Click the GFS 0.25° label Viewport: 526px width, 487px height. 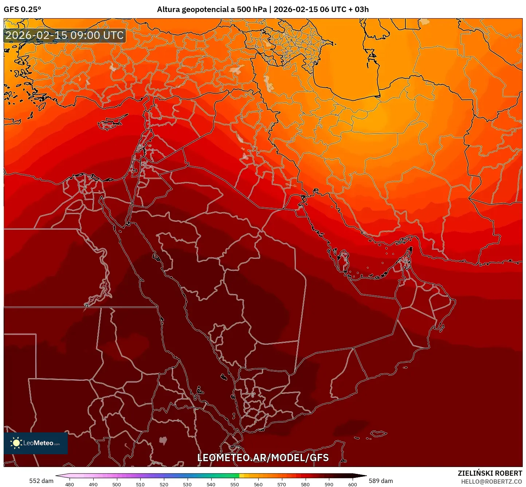[x=22, y=9]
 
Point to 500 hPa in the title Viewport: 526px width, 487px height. [x=251, y=9]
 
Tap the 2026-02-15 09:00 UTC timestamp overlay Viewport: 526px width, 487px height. [x=64, y=35]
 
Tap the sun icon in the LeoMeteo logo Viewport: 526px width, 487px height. [x=16, y=443]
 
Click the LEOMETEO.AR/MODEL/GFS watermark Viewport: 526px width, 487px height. [x=263, y=458]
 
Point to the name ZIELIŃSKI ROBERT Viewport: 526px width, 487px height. [x=490, y=473]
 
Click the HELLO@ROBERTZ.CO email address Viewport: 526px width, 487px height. [x=491, y=482]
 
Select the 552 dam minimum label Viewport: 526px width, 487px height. [x=41, y=481]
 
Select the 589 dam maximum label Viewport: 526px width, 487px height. [x=381, y=481]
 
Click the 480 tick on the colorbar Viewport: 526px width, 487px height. [x=69, y=484]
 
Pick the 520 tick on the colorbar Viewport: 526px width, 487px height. [x=164, y=484]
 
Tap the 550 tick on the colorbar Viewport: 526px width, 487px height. [x=235, y=484]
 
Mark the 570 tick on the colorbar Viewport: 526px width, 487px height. [x=282, y=484]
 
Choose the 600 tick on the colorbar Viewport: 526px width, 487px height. [x=353, y=484]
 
